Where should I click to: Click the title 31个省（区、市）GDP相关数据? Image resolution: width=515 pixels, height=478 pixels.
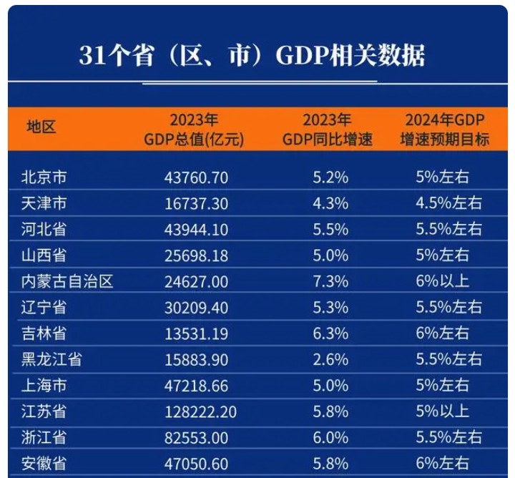tap(252, 55)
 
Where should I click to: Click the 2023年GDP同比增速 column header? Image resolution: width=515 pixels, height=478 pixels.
tap(328, 130)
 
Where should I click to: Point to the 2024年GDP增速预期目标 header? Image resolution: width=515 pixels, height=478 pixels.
tap(445, 130)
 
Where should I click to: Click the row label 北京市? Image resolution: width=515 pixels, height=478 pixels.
tap(44, 177)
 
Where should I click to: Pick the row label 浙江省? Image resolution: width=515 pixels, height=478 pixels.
tap(44, 437)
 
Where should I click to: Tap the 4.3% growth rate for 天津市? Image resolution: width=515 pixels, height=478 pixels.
tap(330, 203)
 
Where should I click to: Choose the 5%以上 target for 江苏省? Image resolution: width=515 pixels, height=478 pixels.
tap(443, 411)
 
